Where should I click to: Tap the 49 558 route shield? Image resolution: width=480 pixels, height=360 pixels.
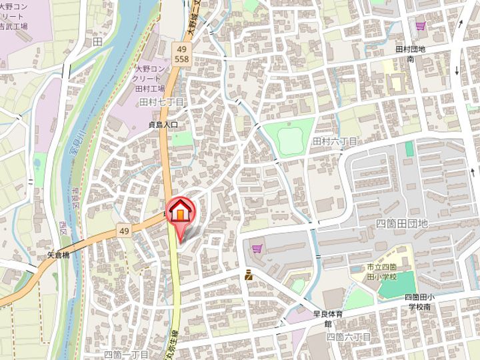(x=181, y=54)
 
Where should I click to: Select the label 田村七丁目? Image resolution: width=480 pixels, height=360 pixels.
(x=161, y=101)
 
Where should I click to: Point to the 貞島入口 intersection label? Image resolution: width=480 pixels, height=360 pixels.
(x=163, y=124)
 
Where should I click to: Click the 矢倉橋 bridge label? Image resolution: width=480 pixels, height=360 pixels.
(x=59, y=254)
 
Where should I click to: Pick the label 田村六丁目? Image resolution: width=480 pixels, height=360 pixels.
(x=335, y=141)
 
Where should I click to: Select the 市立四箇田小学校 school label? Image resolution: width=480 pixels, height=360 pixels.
(x=381, y=271)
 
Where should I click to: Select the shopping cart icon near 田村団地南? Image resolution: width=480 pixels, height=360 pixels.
(x=420, y=27)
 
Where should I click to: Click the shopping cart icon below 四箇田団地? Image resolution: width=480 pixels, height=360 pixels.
(x=257, y=249)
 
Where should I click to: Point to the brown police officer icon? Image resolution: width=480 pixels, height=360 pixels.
(x=248, y=274)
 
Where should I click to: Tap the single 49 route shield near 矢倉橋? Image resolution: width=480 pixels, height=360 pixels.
(x=124, y=231)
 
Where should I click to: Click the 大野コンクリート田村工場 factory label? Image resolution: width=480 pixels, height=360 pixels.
(x=152, y=79)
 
